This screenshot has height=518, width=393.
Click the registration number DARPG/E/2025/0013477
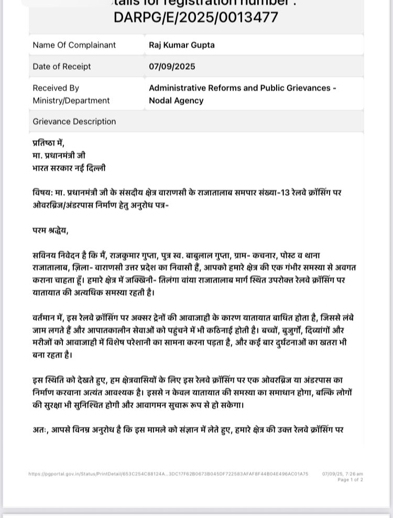(196, 17)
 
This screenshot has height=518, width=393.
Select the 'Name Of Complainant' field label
(74, 45)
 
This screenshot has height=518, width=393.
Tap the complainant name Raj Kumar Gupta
(181, 45)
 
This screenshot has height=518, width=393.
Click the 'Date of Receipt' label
(62, 67)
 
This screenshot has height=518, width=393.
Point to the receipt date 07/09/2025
(172, 67)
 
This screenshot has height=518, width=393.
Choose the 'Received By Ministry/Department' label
(71, 94)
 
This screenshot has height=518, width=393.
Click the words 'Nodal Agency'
(176, 101)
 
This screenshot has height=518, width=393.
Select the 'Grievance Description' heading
(74, 122)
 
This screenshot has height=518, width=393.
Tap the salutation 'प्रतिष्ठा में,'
(48, 143)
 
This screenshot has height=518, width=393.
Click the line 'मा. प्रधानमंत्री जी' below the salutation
(59, 156)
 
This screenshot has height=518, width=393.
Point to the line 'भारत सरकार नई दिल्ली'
(69, 168)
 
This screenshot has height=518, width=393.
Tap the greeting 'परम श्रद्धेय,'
(50, 230)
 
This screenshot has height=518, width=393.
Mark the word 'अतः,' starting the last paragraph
(40, 430)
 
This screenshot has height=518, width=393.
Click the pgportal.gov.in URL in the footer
(168, 474)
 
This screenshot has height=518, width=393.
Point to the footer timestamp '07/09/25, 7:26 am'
(342, 474)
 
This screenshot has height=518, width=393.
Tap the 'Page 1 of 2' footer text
(350, 480)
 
